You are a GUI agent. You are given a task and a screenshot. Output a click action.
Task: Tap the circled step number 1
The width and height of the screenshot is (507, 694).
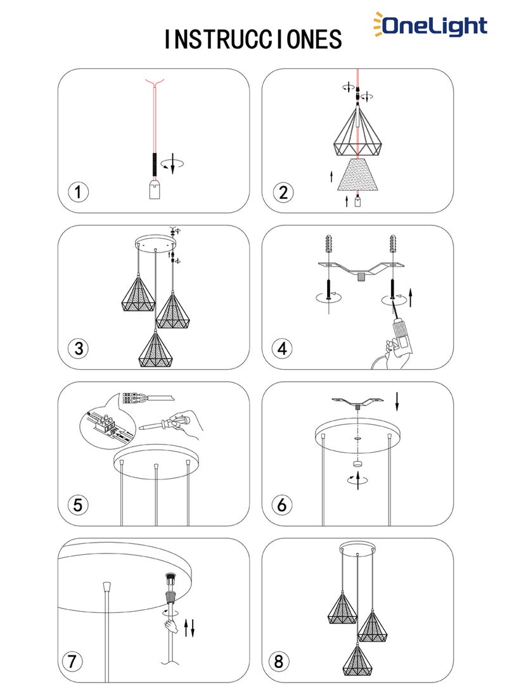pos(78,192)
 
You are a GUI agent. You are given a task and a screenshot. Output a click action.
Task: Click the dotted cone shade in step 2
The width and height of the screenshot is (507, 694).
pos(358,175)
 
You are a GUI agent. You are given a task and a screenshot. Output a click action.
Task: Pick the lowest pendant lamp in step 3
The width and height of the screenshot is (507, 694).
pos(156,347)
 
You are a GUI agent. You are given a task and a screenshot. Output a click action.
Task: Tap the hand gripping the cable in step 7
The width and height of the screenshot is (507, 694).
pos(170,626)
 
